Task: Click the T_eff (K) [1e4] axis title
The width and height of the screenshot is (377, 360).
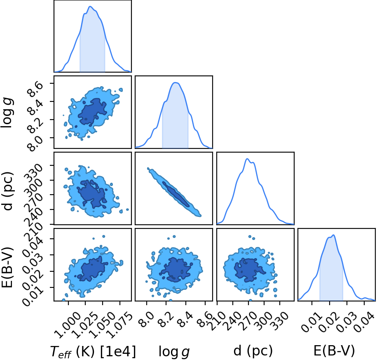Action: point(93,351)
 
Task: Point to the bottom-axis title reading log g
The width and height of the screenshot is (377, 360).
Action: point(174,352)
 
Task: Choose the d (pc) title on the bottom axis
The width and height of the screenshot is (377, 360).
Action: point(253,351)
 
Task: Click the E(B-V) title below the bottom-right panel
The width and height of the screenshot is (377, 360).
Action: point(334,351)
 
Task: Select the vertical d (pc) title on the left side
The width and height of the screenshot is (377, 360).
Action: point(8,191)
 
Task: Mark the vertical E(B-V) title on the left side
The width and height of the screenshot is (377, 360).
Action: point(7,267)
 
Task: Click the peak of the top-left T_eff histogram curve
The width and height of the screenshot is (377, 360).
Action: point(90,6)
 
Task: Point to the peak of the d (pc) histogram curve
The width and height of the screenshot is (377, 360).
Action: point(247,159)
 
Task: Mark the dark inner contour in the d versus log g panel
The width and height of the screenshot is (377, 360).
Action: point(176,194)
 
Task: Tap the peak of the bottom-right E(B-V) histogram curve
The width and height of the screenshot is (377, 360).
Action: point(333,235)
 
